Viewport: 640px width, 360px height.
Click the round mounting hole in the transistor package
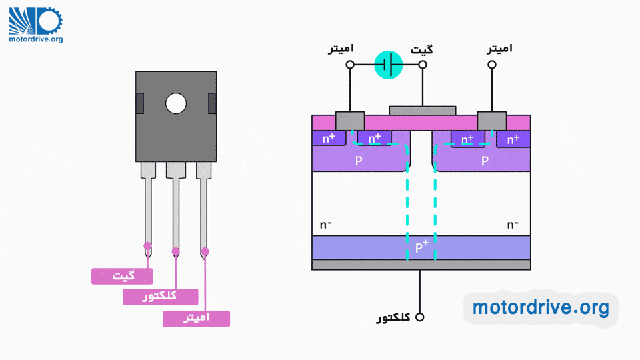click(x=176, y=103)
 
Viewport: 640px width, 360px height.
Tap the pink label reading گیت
click(x=122, y=276)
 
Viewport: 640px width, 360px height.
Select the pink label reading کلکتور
click(x=160, y=297)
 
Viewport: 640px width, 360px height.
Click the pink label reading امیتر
click(x=196, y=318)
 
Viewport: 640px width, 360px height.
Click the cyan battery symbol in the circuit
click(x=389, y=65)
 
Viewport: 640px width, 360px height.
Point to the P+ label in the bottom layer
click(x=421, y=247)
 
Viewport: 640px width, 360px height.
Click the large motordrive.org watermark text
click(x=541, y=307)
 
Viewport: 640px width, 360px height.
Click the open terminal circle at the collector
click(x=419, y=317)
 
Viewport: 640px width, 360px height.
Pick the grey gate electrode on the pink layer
click(x=422, y=110)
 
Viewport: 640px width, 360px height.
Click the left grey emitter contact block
click(x=350, y=121)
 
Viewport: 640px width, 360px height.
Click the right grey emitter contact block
click(x=492, y=121)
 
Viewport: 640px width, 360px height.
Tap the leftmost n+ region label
click(x=329, y=139)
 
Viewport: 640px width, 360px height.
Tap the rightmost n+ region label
click(x=513, y=139)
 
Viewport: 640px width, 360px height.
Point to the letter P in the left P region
click(x=359, y=161)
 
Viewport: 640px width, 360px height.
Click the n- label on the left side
click(x=326, y=224)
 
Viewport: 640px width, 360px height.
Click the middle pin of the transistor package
click(x=176, y=207)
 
